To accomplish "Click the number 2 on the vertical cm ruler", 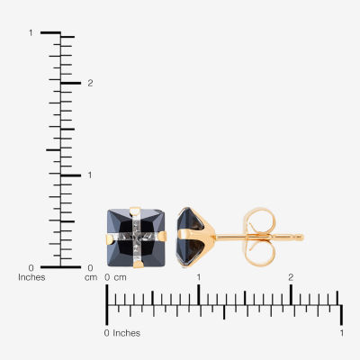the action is (90, 83).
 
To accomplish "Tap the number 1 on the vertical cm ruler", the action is (90, 175).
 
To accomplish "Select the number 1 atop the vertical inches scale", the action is (31, 32).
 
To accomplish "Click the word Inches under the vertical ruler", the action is (31, 277).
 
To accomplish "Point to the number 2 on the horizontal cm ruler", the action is (291, 277).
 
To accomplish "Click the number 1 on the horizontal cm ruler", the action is (199, 277).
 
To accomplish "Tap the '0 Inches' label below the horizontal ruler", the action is (122, 333).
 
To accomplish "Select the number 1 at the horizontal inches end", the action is (342, 333).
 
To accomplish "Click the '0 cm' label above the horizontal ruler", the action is (115, 277).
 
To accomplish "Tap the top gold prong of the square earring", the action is (135, 211).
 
